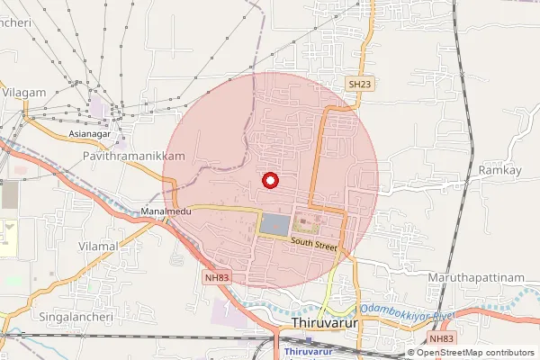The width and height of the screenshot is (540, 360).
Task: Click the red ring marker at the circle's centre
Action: tap(267, 180)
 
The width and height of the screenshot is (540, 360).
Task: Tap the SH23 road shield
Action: tap(359, 84)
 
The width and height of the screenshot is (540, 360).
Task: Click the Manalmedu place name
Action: tap(163, 212)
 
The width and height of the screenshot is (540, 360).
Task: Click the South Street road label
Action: tap(313, 244)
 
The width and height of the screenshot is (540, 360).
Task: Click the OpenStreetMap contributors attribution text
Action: tap(476, 353)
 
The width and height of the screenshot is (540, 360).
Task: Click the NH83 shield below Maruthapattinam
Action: tap(442, 338)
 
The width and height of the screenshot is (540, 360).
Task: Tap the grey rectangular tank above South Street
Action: tap(275, 222)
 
